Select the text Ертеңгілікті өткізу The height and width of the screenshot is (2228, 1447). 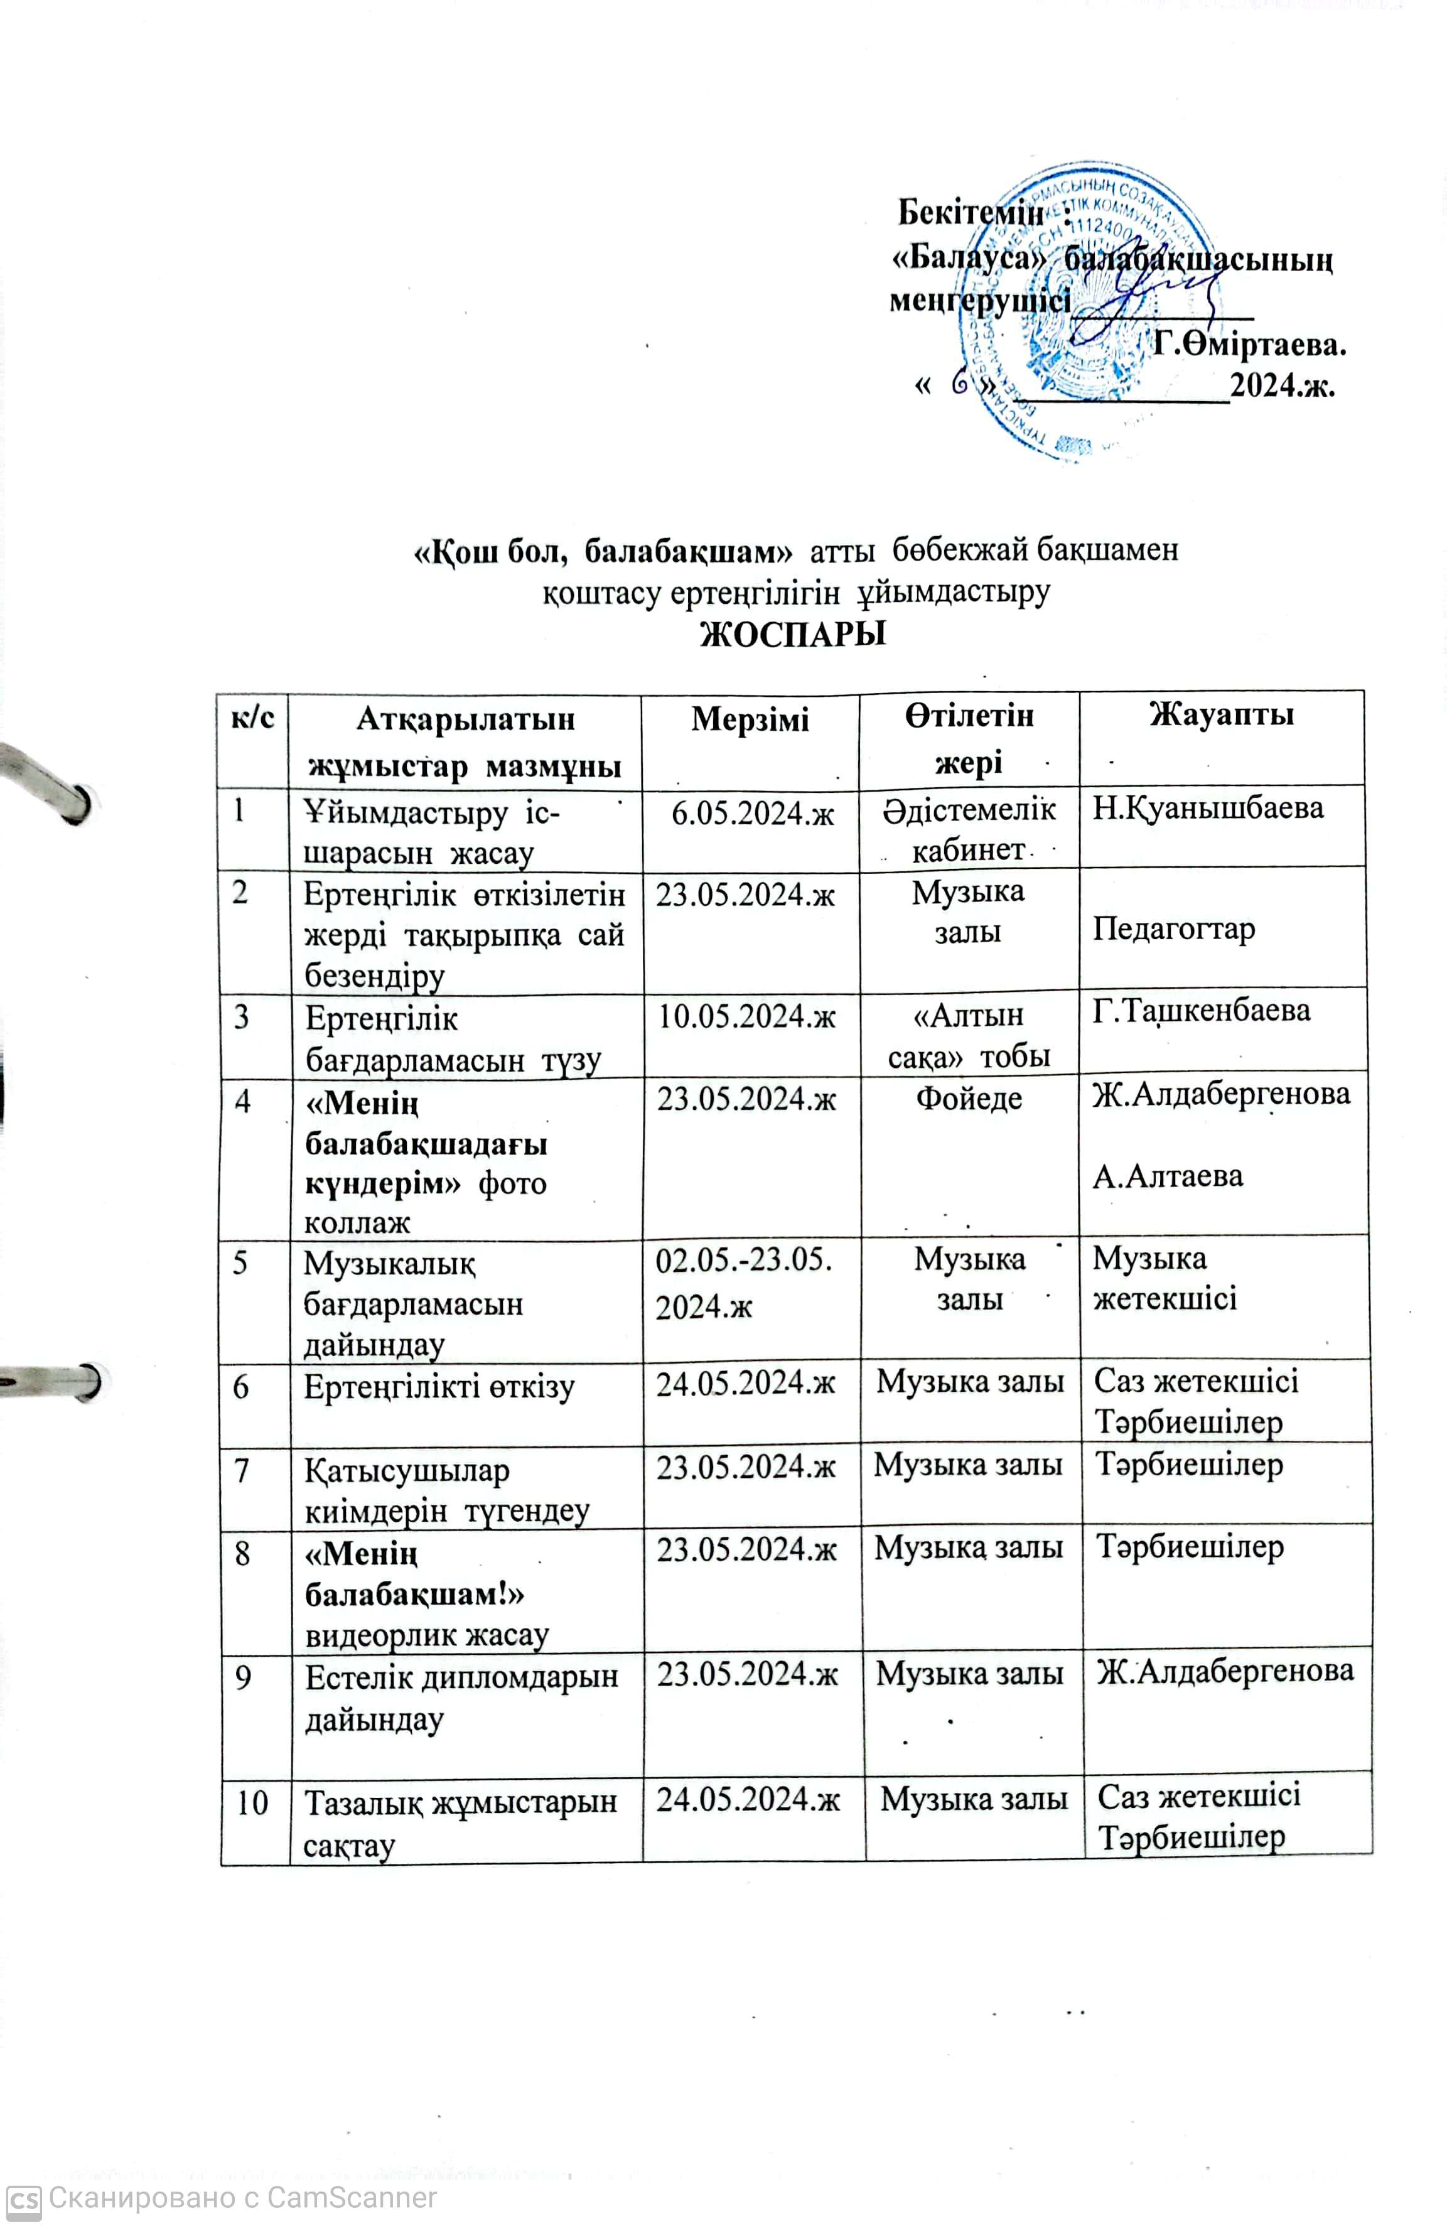pyautogui.click(x=439, y=1386)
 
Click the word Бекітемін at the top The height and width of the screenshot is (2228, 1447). pyautogui.click(x=970, y=213)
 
